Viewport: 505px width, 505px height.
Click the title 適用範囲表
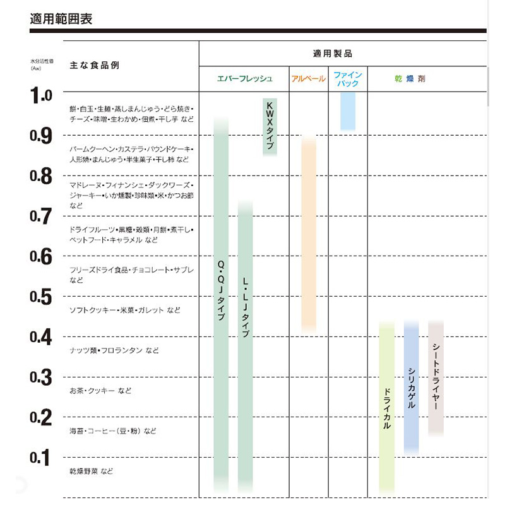pos(61,19)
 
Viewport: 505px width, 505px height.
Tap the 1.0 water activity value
pos(41,96)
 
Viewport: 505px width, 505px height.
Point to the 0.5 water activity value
pos(41,297)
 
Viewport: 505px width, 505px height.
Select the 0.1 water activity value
pos(41,458)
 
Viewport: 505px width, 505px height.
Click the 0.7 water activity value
pos(41,217)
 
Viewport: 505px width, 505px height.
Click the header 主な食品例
pos(94,65)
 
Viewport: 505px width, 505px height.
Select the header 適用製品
pos(333,54)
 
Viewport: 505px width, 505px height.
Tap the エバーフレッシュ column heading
pos(245,79)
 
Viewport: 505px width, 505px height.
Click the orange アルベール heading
pos(309,79)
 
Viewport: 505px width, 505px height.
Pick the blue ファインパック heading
pos(347,79)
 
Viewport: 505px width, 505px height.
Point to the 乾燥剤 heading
pos(410,79)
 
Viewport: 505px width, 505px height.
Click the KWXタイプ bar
pos(270,126)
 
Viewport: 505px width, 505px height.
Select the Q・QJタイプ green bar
pos(221,297)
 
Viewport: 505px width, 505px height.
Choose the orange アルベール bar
pos(309,234)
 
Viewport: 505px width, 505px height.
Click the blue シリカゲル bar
pos(411,385)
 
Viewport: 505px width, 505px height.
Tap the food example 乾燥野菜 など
pos(92,472)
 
